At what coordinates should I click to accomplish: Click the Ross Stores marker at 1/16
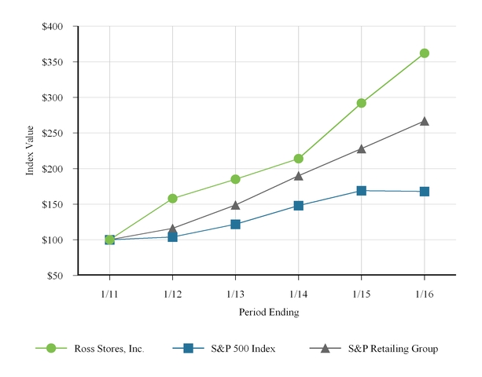tap(425, 53)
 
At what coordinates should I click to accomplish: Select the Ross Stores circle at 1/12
tap(172, 199)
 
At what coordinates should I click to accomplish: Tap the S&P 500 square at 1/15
tap(361, 191)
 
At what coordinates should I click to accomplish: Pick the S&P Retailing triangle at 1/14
tap(298, 176)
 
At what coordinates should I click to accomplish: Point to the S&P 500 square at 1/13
tap(235, 225)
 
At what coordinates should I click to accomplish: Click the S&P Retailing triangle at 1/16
tap(425, 122)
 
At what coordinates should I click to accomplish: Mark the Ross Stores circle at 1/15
tap(361, 103)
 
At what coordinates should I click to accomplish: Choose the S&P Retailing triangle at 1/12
tap(172, 229)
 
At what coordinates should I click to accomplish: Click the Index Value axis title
tap(31, 151)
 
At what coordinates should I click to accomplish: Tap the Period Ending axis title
tap(267, 312)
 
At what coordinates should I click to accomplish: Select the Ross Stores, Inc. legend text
tap(109, 349)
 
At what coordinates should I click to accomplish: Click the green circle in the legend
tap(52, 349)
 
